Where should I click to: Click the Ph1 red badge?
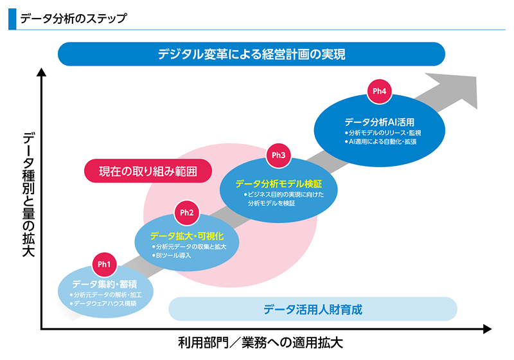[105, 264]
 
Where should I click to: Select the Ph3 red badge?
[278, 155]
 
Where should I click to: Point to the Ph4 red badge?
[379, 91]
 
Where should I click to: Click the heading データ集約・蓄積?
[104, 283]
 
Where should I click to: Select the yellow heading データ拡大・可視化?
[187, 236]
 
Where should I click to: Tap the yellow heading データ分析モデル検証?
[278, 183]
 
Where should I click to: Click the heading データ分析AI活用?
[379, 122]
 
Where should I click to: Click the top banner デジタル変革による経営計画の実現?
[251, 54]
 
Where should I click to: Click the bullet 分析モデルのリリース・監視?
[382, 132]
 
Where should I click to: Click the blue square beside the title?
[12, 19]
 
